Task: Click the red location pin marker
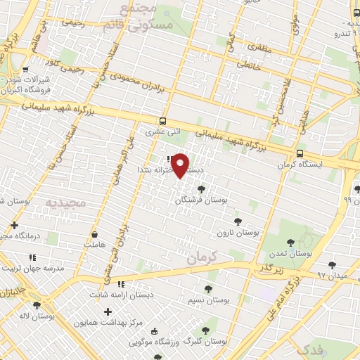click(181, 165)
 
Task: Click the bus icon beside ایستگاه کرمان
click(300, 153)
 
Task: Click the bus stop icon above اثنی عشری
click(163, 121)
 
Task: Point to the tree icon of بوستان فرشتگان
click(202, 188)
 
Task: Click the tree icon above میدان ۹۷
click(333, 264)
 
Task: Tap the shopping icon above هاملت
click(94, 234)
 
